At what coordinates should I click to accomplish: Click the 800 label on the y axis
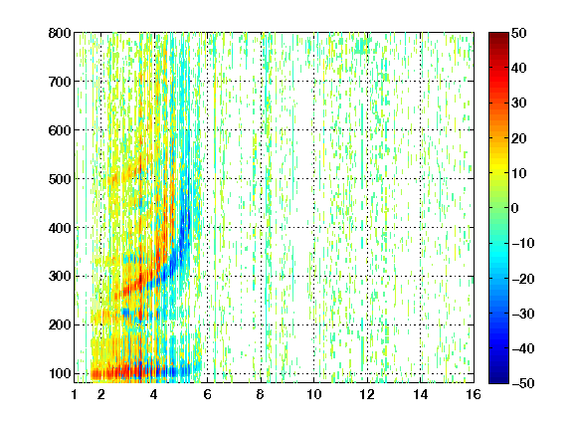[x=60, y=33]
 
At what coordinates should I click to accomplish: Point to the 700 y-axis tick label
[x=60, y=82]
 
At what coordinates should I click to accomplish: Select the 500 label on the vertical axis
[x=60, y=179]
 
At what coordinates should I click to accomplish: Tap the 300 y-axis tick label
[x=60, y=277]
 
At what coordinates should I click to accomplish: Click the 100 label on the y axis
[x=60, y=373]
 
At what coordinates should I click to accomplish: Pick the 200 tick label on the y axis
[x=60, y=325]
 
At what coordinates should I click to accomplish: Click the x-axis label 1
[x=75, y=394]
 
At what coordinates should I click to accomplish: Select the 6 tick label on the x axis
[x=207, y=394]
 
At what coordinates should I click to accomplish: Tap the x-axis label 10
[x=314, y=394]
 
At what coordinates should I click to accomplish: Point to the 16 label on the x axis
[x=474, y=394]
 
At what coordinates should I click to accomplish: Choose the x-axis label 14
[x=421, y=394]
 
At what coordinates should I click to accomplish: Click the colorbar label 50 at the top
[x=519, y=33]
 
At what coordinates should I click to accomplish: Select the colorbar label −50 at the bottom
[x=523, y=383]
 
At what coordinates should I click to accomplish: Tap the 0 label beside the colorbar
[x=515, y=208]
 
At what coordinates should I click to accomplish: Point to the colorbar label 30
[x=519, y=104]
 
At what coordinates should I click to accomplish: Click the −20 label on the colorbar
[x=523, y=279]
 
